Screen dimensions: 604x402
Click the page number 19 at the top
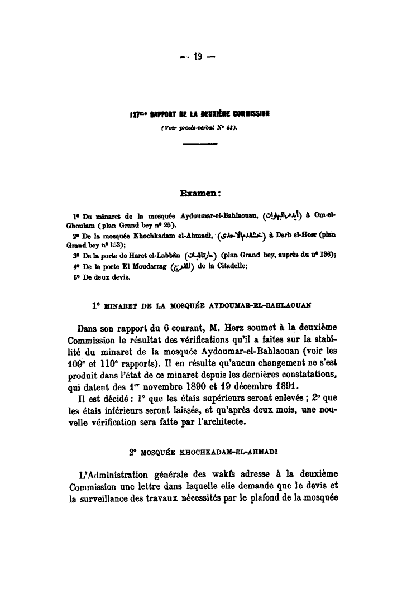pos(198,56)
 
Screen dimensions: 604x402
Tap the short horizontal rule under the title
pos(199,145)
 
